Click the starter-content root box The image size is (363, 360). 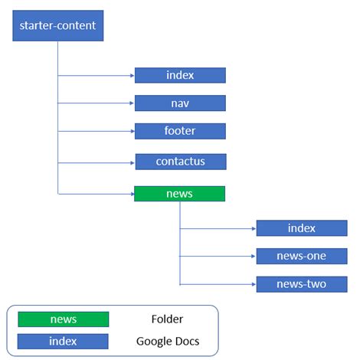click(57, 26)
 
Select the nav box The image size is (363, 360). click(180, 103)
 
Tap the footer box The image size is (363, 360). click(180, 131)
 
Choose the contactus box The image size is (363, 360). click(181, 162)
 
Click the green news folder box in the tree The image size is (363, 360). click(179, 194)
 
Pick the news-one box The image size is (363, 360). click(302, 256)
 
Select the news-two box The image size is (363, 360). click(302, 284)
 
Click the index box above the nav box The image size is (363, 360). click(180, 75)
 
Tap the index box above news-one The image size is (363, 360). click(302, 228)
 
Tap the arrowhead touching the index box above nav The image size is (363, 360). click(132, 76)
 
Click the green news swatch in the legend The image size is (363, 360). click(63, 319)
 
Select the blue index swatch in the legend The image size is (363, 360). click(63, 341)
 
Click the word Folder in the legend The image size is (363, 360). click(168, 319)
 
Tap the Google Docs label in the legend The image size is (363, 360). click(168, 341)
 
